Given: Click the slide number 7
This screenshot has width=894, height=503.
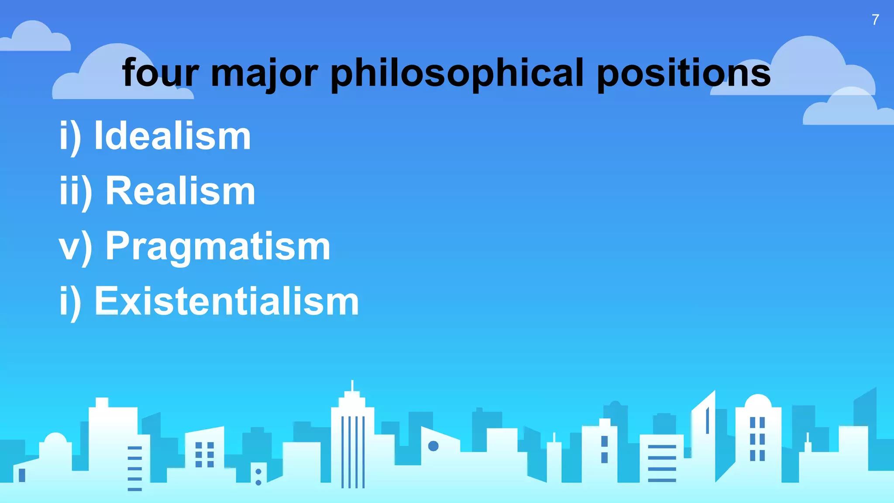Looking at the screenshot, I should tap(875, 20).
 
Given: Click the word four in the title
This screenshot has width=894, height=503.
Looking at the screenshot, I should tap(160, 73).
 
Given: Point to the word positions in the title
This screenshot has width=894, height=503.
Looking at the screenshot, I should tap(683, 73).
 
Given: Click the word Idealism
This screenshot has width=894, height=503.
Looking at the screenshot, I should tap(172, 136).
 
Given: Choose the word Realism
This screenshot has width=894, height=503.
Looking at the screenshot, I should tap(180, 191).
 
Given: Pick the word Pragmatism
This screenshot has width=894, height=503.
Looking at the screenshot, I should tap(218, 246).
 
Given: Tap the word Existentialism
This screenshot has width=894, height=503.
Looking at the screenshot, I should tap(227, 301).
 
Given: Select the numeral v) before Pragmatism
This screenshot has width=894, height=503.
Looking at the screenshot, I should tap(76, 247).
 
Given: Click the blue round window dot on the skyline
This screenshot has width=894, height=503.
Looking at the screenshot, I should tap(433, 446).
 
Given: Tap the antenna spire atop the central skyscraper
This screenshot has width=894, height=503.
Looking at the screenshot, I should tap(352, 386).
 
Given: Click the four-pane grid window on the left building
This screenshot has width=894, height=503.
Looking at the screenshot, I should tap(204, 455).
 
